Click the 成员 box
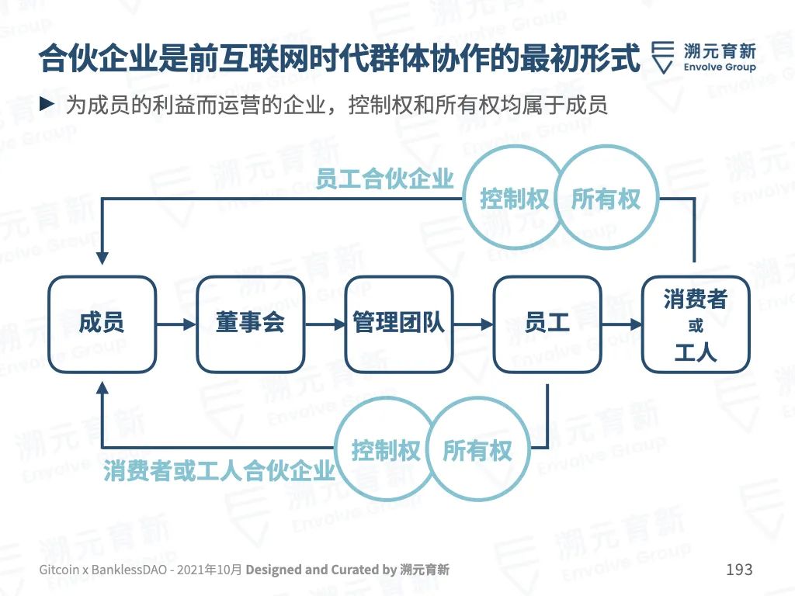pyautogui.click(x=102, y=324)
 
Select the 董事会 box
pyautogui.click(x=251, y=324)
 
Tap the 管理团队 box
pyautogui.click(x=398, y=324)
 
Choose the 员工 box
pyautogui.click(x=547, y=324)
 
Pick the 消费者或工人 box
pyautogui.click(x=696, y=324)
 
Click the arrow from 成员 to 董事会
pyautogui.click(x=176, y=324)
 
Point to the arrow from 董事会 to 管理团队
pyautogui.click(x=325, y=324)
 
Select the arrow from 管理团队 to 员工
pyautogui.click(x=473, y=324)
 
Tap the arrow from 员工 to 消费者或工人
pyautogui.click(x=622, y=324)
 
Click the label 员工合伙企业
pyautogui.click(x=384, y=179)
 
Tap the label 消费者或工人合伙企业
pyautogui.click(x=219, y=471)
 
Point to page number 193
pyautogui.click(x=739, y=569)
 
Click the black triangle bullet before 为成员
pyautogui.click(x=47, y=105)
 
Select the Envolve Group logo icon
pyautogui.click(x=663, y=57)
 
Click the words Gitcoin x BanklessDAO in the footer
pyautogui.click(x=103, y=570)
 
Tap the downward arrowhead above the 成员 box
pyautogui.click(x=102, y=258)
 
